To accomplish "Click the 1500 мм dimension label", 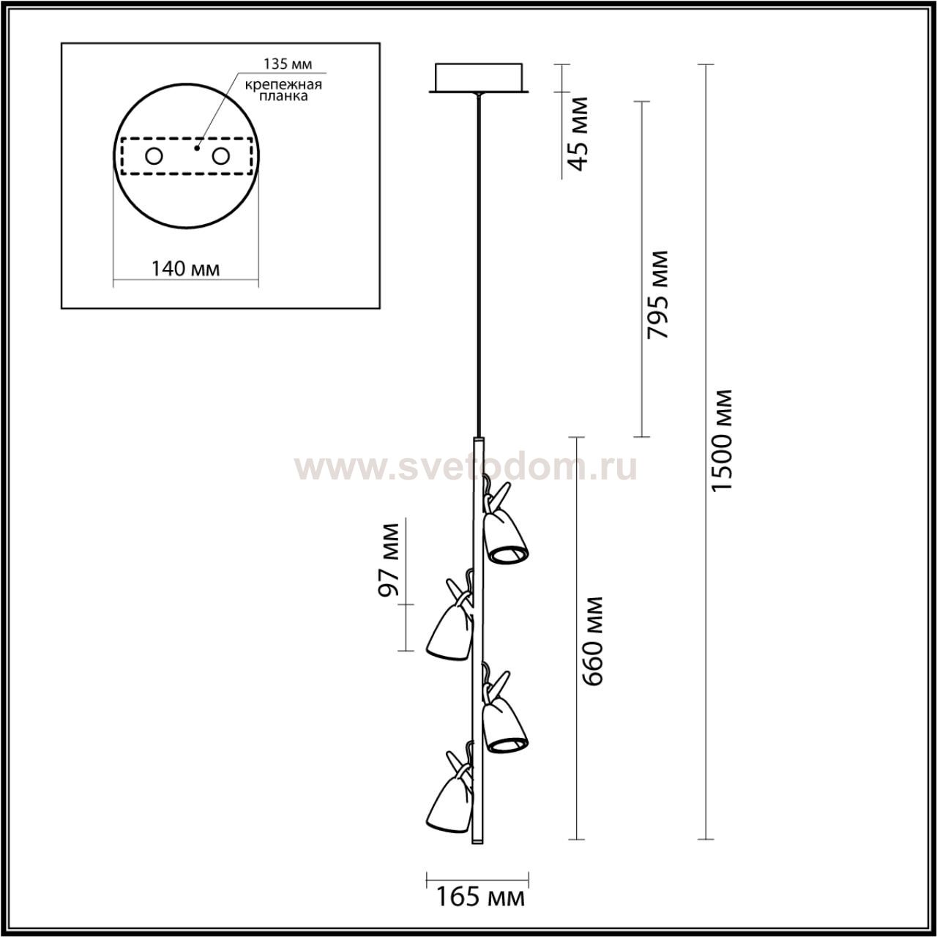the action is click(x=721, y=441).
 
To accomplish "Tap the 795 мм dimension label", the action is click(x=658, y=295).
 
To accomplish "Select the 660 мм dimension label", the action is click(x=593, y=641).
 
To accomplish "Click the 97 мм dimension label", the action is click(x=389, y=560).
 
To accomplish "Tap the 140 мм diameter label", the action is click(x=185, y=268).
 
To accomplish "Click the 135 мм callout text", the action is click(x=288, y=64).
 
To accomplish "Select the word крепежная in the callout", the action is click(x=283, y=85).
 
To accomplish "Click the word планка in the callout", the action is click(x=283, y=97).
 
